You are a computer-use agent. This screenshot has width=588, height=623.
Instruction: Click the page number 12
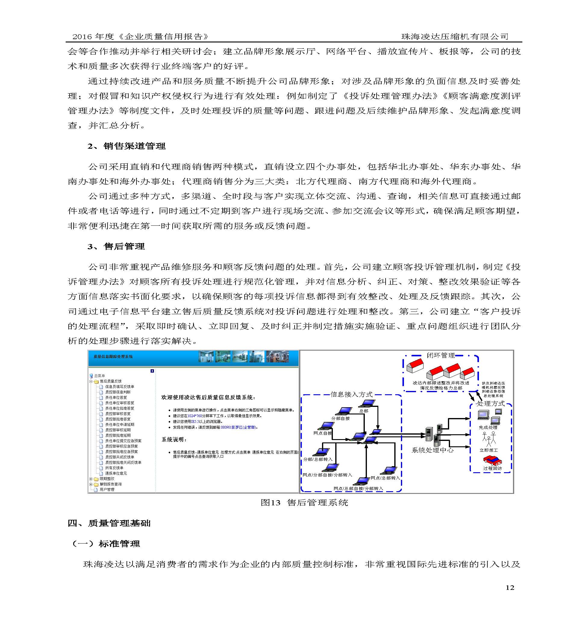pyautogui.click(x=510, y=587)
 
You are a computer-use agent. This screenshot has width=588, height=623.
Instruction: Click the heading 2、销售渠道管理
pyautogui.click(x=127, y=146)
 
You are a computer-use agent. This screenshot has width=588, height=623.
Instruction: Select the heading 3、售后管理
pyautogui.click(x=116, y=246)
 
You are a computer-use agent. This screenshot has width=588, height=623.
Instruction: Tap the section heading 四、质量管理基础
pyautogui.click(x=109, y=523)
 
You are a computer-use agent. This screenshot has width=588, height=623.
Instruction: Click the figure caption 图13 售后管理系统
pyautogui.click(x=304, y=503)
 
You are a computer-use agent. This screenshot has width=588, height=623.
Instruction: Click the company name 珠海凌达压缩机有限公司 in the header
pyautogui.click(x=455, y=37)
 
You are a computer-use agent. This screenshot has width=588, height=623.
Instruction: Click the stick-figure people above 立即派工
pyautogui.click(x=489, y=439)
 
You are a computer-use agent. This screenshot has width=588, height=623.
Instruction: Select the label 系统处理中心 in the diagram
pyautogui.click(x=433, y=450)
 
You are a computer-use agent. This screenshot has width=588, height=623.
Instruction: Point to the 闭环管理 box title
pyautogui.click(x=441, y=355)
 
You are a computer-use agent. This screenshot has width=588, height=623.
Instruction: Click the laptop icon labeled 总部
pyautogui.click(x=368, y=403)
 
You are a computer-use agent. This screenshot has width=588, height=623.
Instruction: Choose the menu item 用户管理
pyautogui.click(x=107, y=489)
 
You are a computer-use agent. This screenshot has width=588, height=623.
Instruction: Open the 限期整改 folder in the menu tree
pyautogui.click(x=107, y=479)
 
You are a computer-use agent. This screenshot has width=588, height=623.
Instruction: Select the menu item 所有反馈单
pyautogui.click(x=114, y=468)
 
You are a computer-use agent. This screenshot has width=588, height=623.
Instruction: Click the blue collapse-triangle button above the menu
pyautogui.click(x=152, y=371)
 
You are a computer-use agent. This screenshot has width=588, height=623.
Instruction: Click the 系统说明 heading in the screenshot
pyautogui.click(x=174, y=440)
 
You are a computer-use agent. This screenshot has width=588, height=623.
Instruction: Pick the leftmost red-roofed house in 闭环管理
pyautogui.click(x=415, y=366)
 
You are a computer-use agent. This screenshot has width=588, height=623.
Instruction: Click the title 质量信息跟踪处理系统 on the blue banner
pyautogui.click(x=113, y=357)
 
